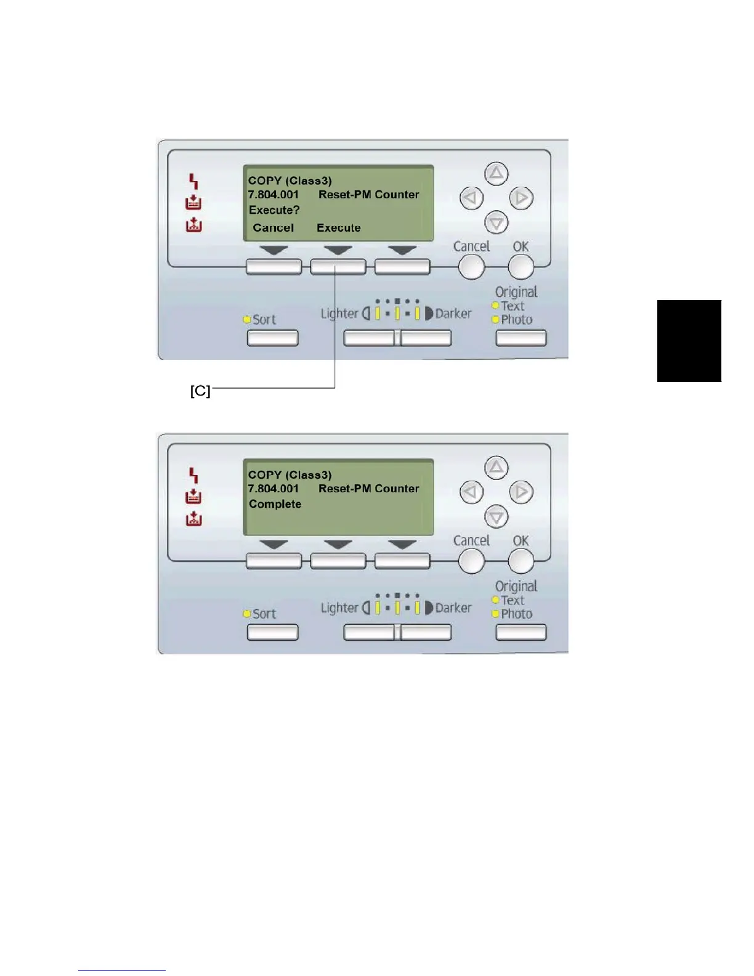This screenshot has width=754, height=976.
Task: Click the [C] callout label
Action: (200, 391)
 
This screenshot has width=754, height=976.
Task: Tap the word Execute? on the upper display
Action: (274, 210)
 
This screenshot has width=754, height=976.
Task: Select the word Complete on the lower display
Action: (275, 504)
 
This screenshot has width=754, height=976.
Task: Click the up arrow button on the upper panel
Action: (497, 174)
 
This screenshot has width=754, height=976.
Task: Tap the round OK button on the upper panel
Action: (521, 267)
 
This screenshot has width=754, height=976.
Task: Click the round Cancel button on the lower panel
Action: (472, 561)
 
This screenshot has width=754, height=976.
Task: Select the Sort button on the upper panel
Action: (272, 338)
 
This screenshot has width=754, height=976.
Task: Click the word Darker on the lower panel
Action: (453, 608)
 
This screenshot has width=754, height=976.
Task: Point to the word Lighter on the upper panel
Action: (339, 314)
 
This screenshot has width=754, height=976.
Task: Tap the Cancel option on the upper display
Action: (273, 228)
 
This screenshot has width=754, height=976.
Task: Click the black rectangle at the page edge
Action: (689, 341)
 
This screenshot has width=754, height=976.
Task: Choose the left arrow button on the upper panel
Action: (472, 198)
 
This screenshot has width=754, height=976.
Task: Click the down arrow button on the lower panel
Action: (497, 516)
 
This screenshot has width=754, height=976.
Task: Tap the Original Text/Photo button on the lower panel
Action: (521, 632)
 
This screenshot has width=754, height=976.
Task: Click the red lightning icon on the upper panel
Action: (193, 181)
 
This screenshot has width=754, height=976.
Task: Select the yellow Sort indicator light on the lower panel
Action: (247, 614)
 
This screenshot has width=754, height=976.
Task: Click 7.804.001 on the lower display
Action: (273, 489)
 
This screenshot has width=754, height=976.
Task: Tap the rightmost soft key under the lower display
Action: (402, 561)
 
